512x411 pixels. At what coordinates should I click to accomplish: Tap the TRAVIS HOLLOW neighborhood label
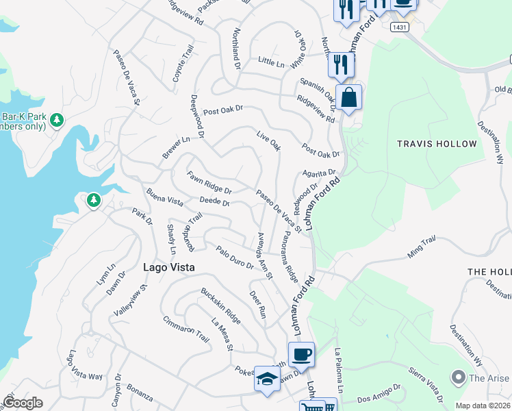pos(437,144)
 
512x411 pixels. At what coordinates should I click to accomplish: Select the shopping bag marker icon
pos(349,97)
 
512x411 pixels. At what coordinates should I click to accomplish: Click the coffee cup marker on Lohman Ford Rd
pos(301,355)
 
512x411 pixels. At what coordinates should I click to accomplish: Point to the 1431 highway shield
pos(400,27)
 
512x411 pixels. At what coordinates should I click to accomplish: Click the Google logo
pos(23,403)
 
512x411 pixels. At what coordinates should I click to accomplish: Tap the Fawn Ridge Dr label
pos(209,182)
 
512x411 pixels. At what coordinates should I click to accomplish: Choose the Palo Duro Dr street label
pos(234,258)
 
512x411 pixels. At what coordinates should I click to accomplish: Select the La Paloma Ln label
pos(337,366)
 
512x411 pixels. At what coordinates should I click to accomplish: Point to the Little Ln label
pos(270,62)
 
